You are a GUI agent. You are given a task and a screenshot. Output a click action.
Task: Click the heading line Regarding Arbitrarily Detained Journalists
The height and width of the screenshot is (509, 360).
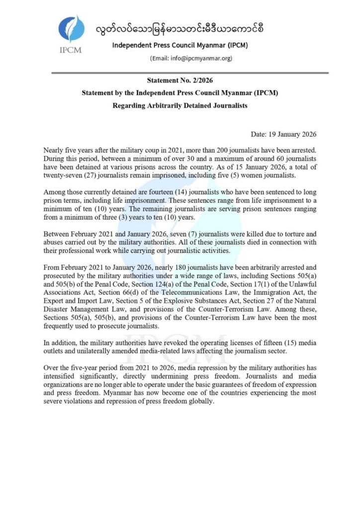click(x=180, y=105)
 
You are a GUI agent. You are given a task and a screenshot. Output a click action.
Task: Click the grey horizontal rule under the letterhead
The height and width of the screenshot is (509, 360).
click(x=180, y=73)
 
